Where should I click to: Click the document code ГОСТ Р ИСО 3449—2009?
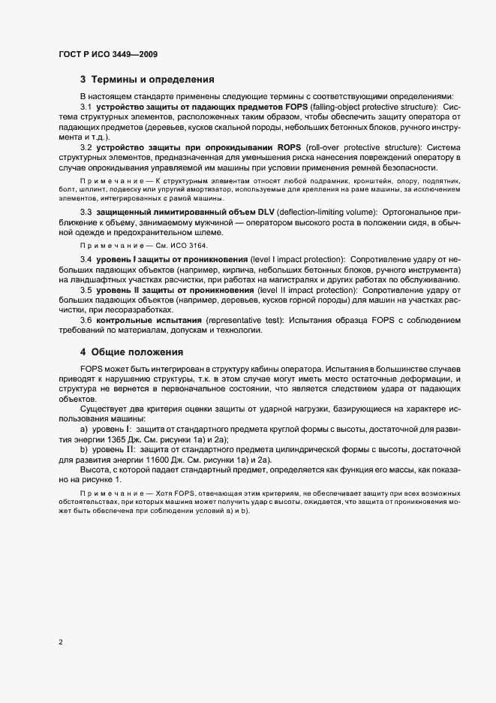[x=107, y=55]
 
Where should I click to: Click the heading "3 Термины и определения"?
[x=148, y=80]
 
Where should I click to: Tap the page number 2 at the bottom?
[x=61, y=643]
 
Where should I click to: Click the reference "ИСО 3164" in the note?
[x=191, y=246]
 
